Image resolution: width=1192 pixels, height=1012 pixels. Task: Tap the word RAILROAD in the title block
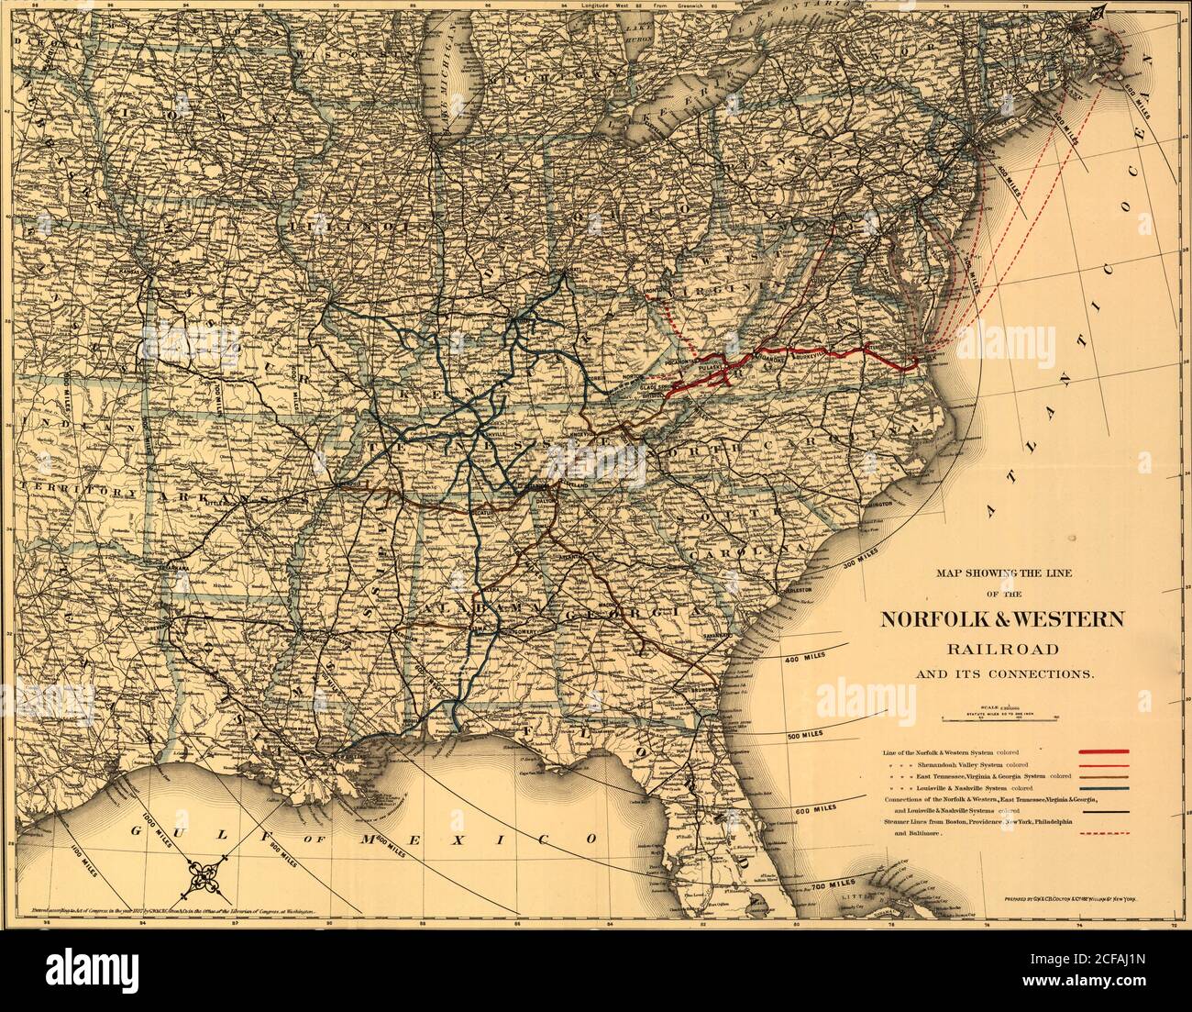(x=1002, y=650)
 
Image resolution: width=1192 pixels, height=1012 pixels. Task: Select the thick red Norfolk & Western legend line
(x=1104, y=751)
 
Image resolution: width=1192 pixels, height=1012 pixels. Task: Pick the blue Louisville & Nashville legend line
(x=1104, y=788)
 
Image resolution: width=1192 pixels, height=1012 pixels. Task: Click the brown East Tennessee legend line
(x=1104, y=776)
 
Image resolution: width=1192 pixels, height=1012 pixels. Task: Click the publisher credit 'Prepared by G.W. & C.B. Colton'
(x=1077, y=914)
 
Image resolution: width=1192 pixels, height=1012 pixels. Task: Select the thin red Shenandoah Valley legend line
(x=1104, y=763)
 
